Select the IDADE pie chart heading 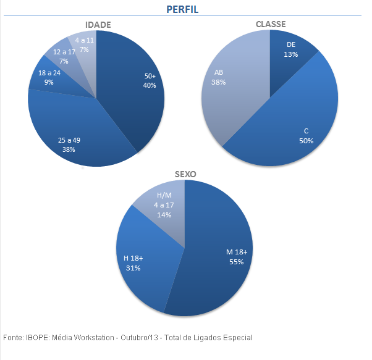98,25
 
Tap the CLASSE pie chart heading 271,24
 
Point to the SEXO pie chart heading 185,174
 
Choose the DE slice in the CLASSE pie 291,49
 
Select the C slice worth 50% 297,123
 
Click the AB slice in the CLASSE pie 229,86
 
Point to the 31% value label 133,268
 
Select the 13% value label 291,54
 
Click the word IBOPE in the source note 36,338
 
